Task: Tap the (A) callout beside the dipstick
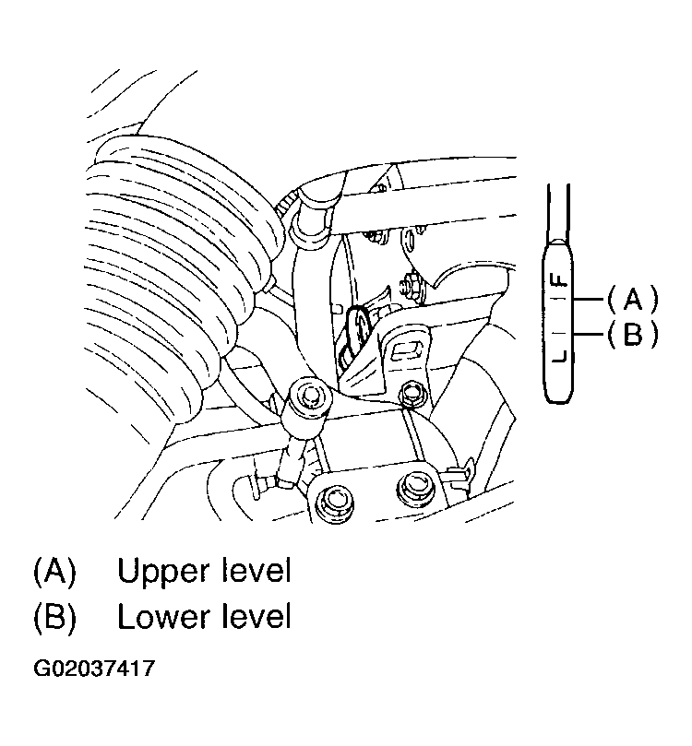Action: tap(633, 299)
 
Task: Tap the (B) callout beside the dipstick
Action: tap(633, 334)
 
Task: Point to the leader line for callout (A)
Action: tap(589, 300)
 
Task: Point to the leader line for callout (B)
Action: tap(589, 334)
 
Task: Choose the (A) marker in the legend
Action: tap(54, 572)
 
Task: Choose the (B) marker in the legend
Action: tap(54, 616)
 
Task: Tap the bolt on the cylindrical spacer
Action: tap(309, 397)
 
